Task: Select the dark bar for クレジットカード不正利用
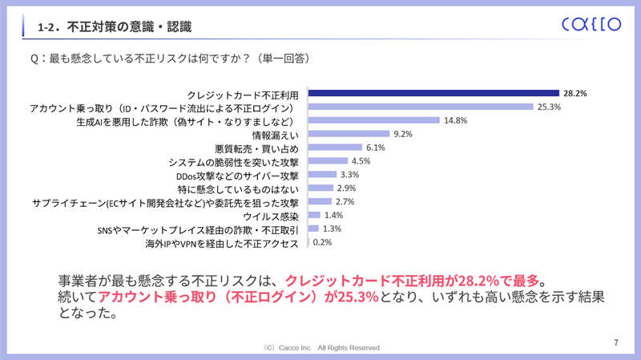click(433, 93)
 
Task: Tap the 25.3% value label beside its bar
click(550, 107)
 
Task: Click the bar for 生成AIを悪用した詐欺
click(374, 120)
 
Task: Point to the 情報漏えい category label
click(275, 134)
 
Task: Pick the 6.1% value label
click(375, 148)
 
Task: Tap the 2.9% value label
click(346, 188)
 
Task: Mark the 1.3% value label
click(332, 229)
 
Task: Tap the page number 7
click(615, 343)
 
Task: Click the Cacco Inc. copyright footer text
click(321, 348)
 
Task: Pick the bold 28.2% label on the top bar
click(574, 93)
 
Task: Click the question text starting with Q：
click(169, 59)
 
